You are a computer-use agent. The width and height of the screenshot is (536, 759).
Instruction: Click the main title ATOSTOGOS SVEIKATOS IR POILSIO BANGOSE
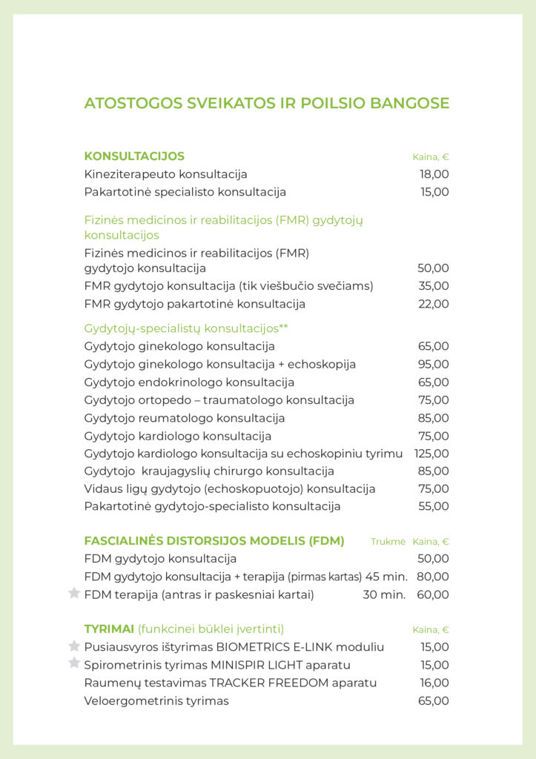[x=267, y=103]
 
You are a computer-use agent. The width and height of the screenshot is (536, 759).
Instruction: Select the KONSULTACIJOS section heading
[x=134, y=156]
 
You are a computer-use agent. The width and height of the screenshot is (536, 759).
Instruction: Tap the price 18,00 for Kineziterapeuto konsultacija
[x=434, y=174]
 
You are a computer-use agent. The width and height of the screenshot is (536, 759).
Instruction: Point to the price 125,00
[x=431, y=454]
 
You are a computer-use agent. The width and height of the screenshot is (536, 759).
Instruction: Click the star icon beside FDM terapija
[x=74, y=593]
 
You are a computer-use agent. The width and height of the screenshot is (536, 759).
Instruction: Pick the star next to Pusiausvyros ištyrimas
[x=74, y=646]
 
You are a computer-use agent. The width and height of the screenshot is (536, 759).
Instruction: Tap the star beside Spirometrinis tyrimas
[x=74, y=663]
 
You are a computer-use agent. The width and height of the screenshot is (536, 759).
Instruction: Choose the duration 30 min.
[x=384, y=594]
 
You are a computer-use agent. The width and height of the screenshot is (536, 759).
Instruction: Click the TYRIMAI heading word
[x=109, y=629]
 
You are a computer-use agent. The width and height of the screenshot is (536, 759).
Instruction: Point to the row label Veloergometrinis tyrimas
[x=156, y=700]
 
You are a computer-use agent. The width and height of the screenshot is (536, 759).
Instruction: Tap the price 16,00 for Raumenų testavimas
[x=434, y=683]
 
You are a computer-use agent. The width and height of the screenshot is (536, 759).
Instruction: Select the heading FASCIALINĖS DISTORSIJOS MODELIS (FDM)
[x=214, y=541]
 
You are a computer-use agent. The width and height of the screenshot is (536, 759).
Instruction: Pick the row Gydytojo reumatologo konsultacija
[x=185, y=418]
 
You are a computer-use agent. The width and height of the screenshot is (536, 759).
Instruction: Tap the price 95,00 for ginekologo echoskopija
[x=434, y=365]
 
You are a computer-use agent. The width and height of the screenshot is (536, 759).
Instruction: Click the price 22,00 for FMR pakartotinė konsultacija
[x=434, y=304]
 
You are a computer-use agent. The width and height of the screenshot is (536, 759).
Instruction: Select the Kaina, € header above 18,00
[x=431, y=157]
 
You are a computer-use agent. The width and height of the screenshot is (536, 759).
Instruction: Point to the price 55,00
[x=434, y=507]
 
